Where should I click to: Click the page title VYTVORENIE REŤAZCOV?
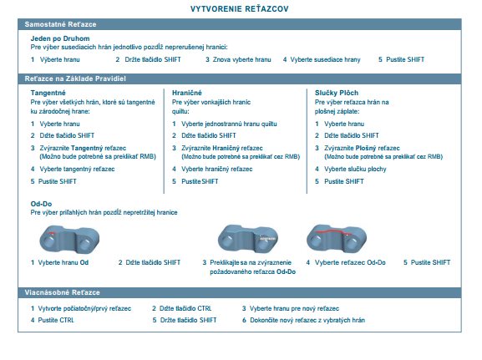(239, 9)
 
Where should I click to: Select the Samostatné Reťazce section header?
(60, 24)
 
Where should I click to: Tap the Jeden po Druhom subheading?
(60, 38)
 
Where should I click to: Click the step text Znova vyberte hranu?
(242, 59)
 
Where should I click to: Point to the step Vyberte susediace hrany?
(325, 59)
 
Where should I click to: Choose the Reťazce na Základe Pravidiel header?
(75, 79)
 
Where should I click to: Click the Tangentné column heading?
(48, 93)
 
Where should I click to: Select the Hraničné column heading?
(187, 93)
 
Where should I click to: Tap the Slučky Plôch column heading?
(337, 93)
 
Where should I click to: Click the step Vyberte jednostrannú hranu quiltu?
(229, 124)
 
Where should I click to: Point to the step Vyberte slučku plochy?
(355, 169)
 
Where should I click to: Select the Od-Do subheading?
(41, 204)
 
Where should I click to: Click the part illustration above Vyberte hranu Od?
(69, 240)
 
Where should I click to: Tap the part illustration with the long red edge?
(337, 239)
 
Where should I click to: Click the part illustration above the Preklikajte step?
(248, 239)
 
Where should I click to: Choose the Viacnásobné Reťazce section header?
(62, 292)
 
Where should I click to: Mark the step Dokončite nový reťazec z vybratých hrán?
(307, 320)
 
